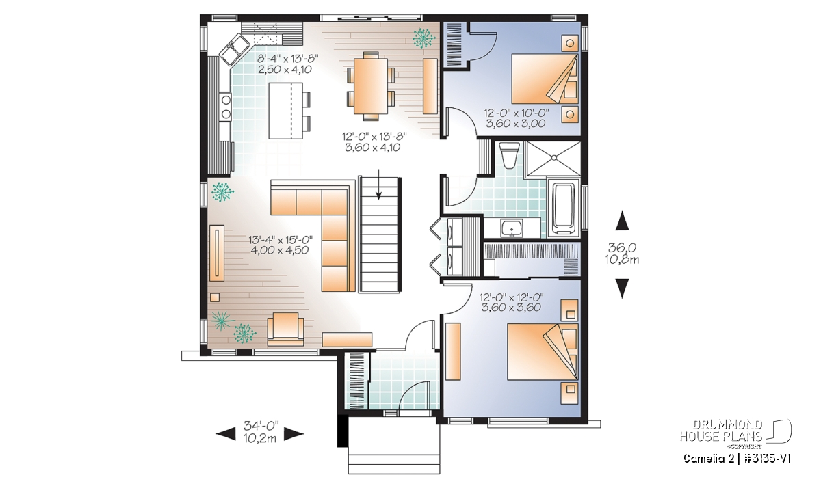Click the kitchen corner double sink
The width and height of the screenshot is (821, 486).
(x=233, y=49)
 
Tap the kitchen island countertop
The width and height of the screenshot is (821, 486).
(x=286, y=111)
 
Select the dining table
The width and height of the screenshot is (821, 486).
(x=371, y=86)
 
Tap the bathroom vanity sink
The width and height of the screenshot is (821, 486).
(x=512, y=227)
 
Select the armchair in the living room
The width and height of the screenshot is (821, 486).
(x=285, y=329)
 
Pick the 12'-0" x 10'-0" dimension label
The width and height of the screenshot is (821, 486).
(x=516, y=112)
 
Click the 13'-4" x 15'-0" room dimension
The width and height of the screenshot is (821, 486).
(x=281, y=240)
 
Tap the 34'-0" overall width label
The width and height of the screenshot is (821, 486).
(x=261, y=426)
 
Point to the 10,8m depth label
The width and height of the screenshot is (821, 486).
(x=622, y=260)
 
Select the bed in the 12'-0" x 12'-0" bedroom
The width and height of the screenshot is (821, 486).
(x=543, y=351)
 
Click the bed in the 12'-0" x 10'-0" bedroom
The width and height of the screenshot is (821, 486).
(x=545, y=79)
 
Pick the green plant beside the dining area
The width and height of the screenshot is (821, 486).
(x=423, y=38)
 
